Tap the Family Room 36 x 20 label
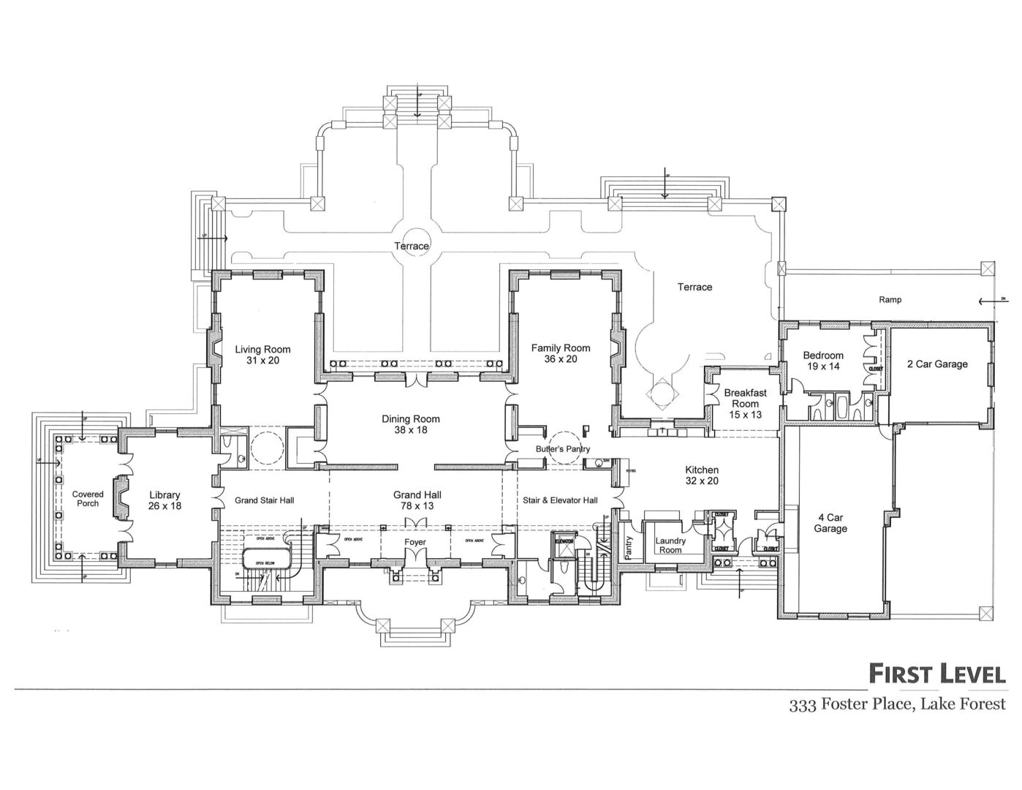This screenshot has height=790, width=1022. (x=560, y=353)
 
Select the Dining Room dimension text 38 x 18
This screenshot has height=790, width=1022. (x=410, y=430)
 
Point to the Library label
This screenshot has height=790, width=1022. (x=164, y=495)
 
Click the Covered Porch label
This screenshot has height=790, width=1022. (x=88, y=499)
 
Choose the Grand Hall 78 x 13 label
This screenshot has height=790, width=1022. (x=417, y=500)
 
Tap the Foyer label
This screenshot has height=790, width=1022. (x=415, y=542)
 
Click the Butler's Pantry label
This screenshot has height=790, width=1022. (x=562, y=449)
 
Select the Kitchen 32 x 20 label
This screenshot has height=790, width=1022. (x=701, y=475)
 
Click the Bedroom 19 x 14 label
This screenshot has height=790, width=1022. (x=823, y=361)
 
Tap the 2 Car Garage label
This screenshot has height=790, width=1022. (x=936, y=364)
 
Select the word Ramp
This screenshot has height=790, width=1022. (x=890, y=299)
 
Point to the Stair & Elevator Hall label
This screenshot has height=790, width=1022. (x=560, y=500)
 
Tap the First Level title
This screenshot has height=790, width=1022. (x=936, y=674)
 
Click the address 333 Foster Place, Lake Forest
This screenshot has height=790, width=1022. (x=897, y=705)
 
